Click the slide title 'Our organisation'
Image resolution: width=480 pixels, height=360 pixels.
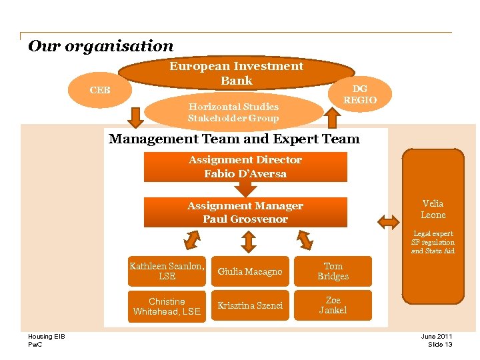point(101,46)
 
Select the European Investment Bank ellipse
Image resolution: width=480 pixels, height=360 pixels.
point(236,73)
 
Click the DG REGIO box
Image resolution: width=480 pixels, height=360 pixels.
point(359,94)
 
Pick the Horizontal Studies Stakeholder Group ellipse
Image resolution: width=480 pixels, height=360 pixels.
point(233,112)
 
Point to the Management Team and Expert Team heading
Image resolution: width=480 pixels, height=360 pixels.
point(234,139)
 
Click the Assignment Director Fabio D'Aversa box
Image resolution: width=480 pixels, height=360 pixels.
point(245,167)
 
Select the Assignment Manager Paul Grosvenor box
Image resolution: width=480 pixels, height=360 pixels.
point(245,212)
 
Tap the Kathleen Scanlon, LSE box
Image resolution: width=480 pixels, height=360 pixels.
point(167,271)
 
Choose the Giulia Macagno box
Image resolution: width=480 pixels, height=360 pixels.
point(250,271)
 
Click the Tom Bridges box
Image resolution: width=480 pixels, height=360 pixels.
point(333,271)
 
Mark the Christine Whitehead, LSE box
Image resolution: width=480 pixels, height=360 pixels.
point(167,306)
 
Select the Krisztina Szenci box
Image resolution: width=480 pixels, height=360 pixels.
point(250,305)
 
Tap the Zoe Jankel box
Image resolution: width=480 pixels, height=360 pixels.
point(333,305)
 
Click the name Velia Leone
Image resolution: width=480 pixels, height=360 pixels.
point(433,209)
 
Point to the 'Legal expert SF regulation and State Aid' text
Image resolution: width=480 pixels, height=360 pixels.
point(433,242)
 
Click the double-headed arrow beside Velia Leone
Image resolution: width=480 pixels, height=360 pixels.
point(387,221)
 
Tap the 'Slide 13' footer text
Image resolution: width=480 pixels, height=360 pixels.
point(440,344)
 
